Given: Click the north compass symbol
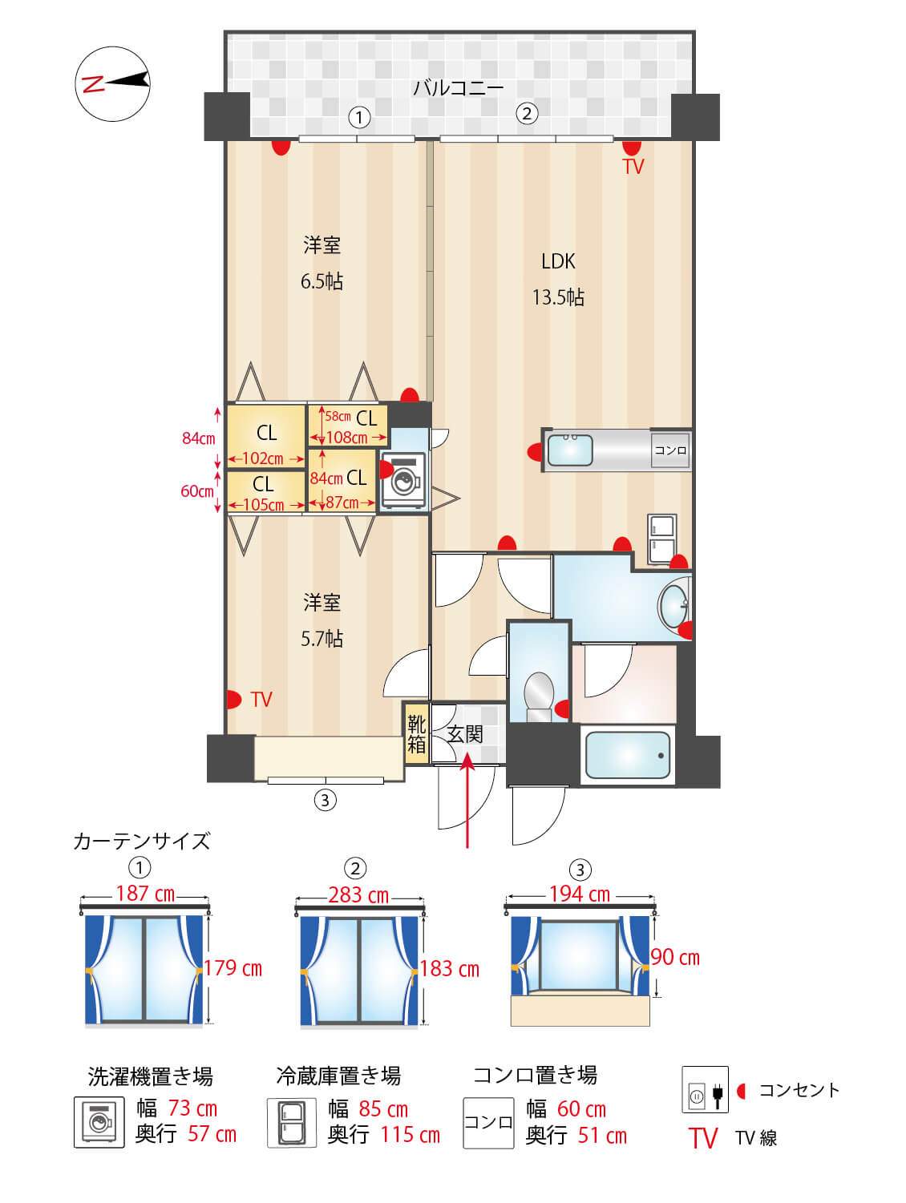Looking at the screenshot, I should [x=112, y=83].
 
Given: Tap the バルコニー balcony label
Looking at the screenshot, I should [x=458, y=87].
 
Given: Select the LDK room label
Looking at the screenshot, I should [x=558, y=261].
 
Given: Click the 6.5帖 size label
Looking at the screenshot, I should [x=322, y=281].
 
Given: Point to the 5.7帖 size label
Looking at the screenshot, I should [x=322, y=639].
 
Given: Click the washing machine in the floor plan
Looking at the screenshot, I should [x=402, y=481].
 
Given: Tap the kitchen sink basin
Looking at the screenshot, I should [x=569, y=450].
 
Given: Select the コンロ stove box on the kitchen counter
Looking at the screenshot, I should [x=670, y=450].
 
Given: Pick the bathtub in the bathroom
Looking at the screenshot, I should [x=627, y=755].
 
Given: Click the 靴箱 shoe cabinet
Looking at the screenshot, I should [x=416, y=734].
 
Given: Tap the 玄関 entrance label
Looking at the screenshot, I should [x=465, y=733].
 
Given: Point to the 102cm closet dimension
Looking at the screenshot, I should [x=263, y=458].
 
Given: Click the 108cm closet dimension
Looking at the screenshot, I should [x=347, y=438].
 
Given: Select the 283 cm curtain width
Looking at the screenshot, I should [x=358, y=895].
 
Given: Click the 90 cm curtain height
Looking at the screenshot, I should [x=675, y=957].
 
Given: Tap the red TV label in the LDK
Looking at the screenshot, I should [x=633, y=167].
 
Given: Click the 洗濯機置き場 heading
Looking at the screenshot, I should [x=151, y=1076].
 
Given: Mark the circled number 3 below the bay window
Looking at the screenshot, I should [x=325, y=800].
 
